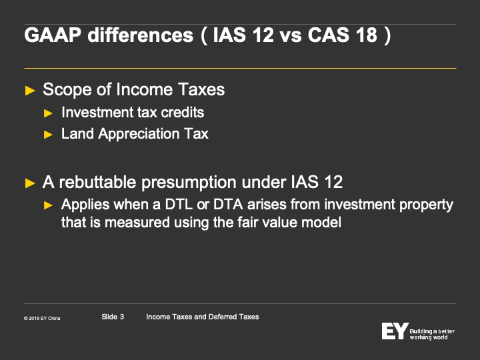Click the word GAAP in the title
(x=53, y=35)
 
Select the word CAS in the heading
(x=329, y=35)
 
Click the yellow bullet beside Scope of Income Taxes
(x=30, y=91)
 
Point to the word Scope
(x=67, y=90)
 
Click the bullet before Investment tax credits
(x=48, y=113)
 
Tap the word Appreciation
(x=139, y=134)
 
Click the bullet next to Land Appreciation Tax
(x=48, y=135)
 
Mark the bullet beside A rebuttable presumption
(x=30, y=183)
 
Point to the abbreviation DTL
(x=179, y=205)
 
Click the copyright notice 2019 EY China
(x=42, y=319)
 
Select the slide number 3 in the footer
(x=122, y=317)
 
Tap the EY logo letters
(x=395, y=331)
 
